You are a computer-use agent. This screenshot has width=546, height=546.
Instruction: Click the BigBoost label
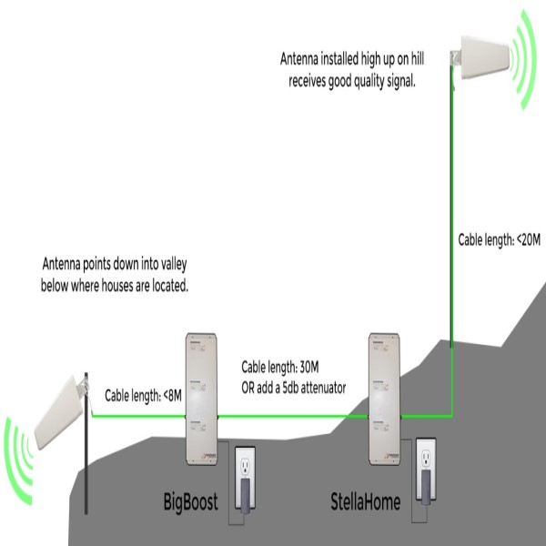tap(190, 500)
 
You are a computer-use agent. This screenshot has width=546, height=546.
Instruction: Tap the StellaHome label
tap(364, 500)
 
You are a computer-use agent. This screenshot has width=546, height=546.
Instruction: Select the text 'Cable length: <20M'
tap(499, 240)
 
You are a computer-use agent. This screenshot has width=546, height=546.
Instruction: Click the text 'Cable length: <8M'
tap(142, 395)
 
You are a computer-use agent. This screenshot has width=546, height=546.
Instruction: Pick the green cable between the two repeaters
tap(291, 415)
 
